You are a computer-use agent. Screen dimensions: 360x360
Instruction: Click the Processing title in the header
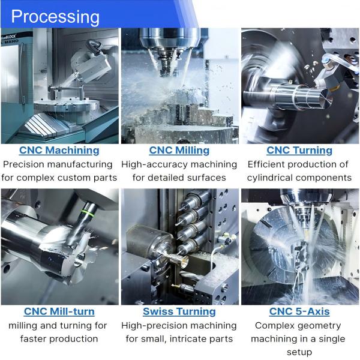(55, 16)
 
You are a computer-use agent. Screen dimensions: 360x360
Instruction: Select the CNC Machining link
(59, 150)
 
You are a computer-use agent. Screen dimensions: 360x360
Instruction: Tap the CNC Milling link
(179, 150)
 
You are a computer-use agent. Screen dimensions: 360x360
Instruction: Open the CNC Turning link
(299, 150)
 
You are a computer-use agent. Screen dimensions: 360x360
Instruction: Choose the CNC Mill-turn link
(59, 311)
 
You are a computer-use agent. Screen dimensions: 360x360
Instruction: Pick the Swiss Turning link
(179, 311)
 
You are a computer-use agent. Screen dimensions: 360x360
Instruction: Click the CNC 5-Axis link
(299, 311)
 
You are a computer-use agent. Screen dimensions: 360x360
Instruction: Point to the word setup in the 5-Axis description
(299, 352)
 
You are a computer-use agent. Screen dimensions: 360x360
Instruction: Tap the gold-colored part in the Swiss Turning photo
(179, 259)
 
